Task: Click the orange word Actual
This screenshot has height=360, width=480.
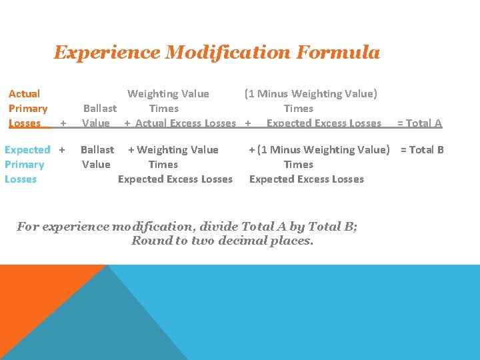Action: (x=24, y=94)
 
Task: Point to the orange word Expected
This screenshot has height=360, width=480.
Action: (x=27, y=150)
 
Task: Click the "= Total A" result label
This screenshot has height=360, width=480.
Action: (x=419, y=123)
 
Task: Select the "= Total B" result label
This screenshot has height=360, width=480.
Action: (x=422, y=150)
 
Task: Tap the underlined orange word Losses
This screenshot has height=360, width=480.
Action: (x=25, y=123)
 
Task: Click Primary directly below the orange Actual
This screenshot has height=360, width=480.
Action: (x=28, y=109)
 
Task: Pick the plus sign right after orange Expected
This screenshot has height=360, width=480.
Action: (x=62, y=150)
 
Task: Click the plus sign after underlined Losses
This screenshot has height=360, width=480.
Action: (x=63, y=124)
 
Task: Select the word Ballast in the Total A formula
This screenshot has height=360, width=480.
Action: (x=100, y=109)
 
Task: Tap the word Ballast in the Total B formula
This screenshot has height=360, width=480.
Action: (x=97, y=150)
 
